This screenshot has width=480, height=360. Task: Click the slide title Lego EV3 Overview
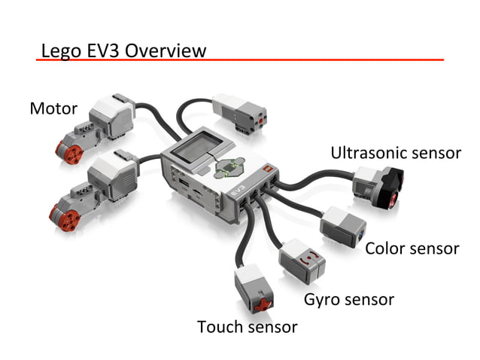pyautogui.click(x=123, y=50)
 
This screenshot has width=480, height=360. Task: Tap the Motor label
pyautogui.click(x=53, y=108)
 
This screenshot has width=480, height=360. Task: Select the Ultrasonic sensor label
pyautogui.click(x=395, y=153)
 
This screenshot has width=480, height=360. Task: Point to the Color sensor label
pyautogui.click(x=412, y=249)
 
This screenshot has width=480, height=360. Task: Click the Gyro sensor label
pyautogui.click(x=348, y=299)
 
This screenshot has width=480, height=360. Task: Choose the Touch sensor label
pyautogui.click(x=247, y=327)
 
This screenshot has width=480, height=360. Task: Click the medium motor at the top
pyautogui.click(x=240, y=111)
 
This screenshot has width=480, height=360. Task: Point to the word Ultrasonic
pyautogui.click(x=367, y=153)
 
